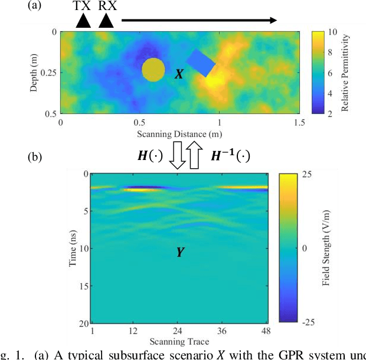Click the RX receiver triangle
pyautogui.click(x=106, y=21)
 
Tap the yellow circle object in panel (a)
pyautogui.click(x=153, y=70)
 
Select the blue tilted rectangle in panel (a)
pyautogui.click(x=201, y=63)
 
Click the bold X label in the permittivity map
pyautogui.click(x=178, y=75)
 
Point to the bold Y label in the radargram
pyautogui.click(x=179, y=253)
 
